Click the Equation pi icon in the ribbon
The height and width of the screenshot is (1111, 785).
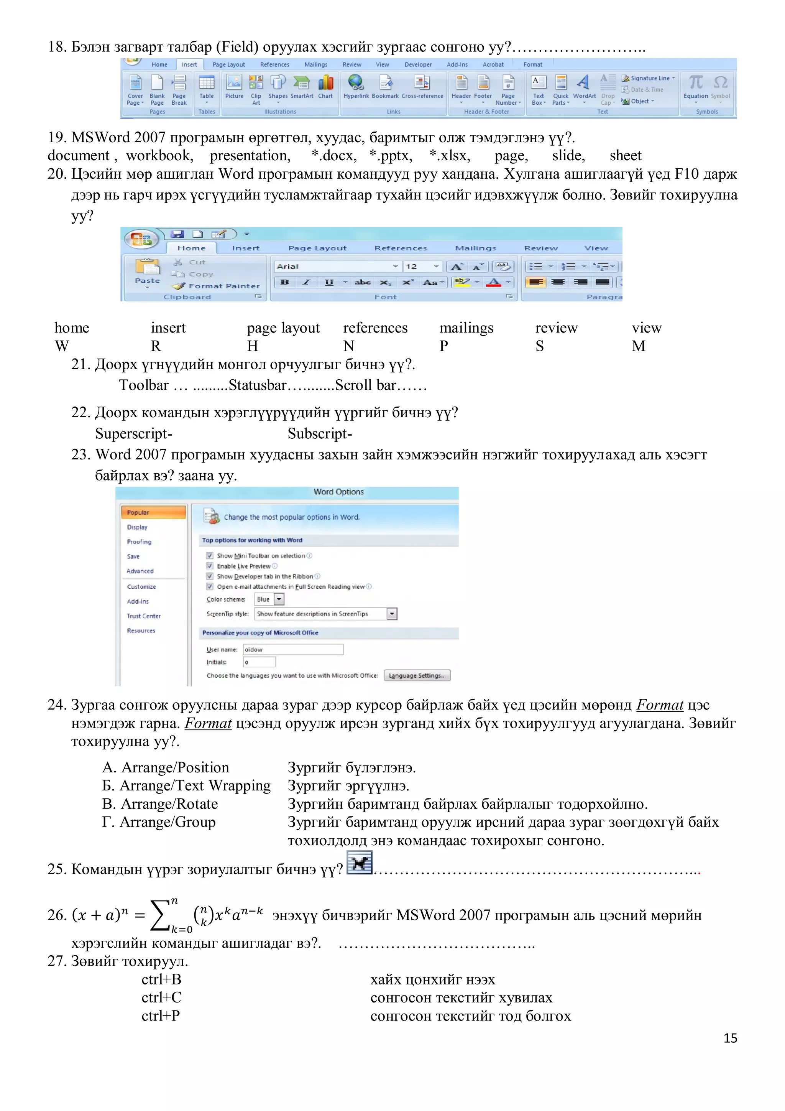click(696, 83)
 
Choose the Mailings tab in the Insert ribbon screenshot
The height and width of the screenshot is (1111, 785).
click(316, 64)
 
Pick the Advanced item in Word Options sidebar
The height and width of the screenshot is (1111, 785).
click(140, 571)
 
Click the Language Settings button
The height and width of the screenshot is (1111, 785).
click(417, 675)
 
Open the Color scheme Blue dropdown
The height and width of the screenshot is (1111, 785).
click(279, 599)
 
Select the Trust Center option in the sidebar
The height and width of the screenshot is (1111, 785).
click(144, 616)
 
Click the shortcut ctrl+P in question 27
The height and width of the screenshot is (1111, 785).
click(161, 1016)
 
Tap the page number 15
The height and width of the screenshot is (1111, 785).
click(730, 1038)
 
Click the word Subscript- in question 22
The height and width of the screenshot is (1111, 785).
click(320, 434)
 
